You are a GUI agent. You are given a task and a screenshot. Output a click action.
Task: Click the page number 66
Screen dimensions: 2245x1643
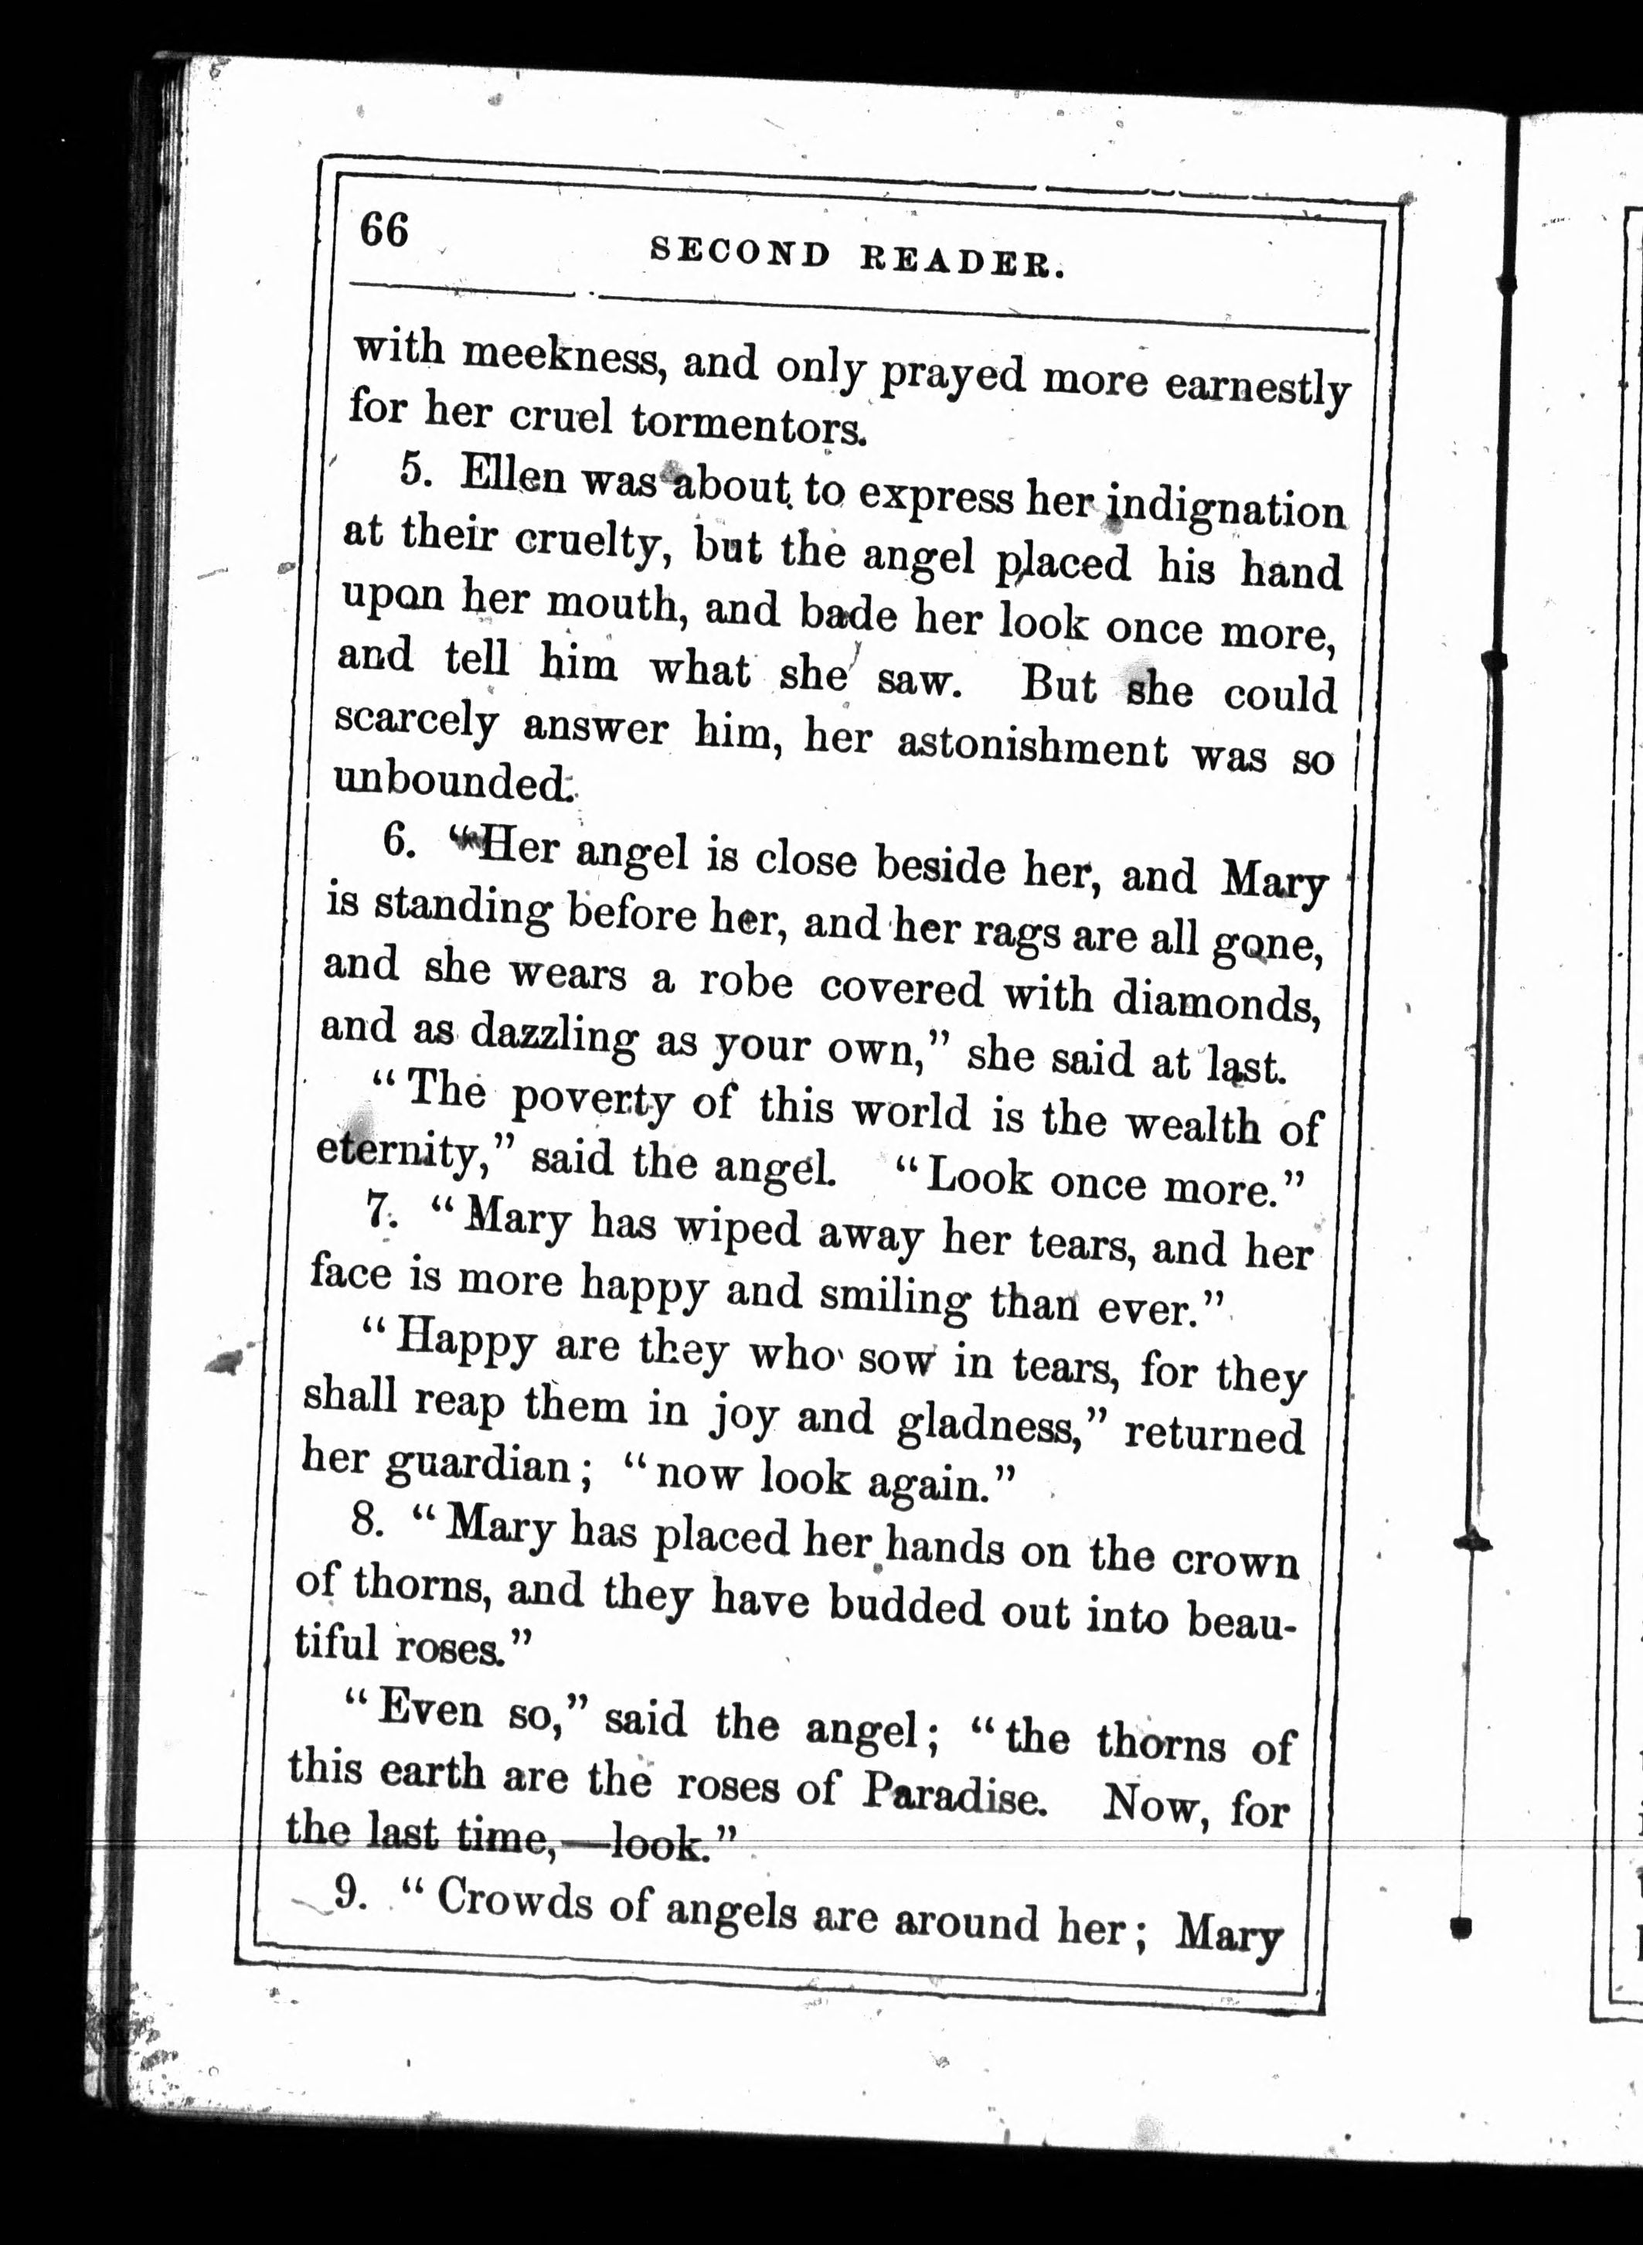[x=384, y=230]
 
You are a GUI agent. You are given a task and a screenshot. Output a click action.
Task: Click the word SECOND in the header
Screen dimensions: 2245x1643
[x=739, y=254]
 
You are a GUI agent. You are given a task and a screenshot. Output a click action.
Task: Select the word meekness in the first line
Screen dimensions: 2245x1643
[x=561, y=356]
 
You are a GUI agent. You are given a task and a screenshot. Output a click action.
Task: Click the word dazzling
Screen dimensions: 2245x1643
[x=553, y=1034]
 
